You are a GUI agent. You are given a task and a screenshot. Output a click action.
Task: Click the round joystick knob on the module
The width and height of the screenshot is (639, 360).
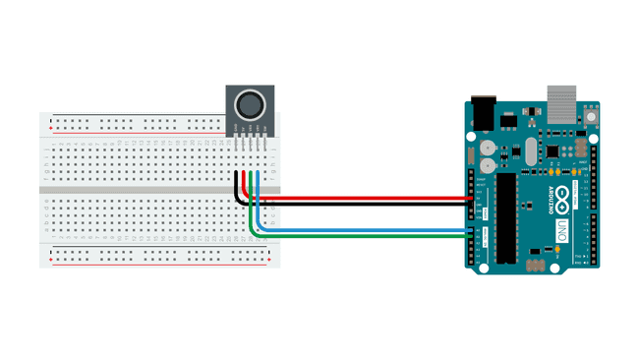tap(252, 102)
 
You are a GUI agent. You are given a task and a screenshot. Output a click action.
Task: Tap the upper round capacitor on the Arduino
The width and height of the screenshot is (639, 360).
tap(488, 147)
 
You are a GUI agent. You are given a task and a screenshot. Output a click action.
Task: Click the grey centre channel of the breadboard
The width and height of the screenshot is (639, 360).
tap(157, 188)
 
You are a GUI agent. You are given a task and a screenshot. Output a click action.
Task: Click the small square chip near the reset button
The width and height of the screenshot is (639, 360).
tap(552, 150)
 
